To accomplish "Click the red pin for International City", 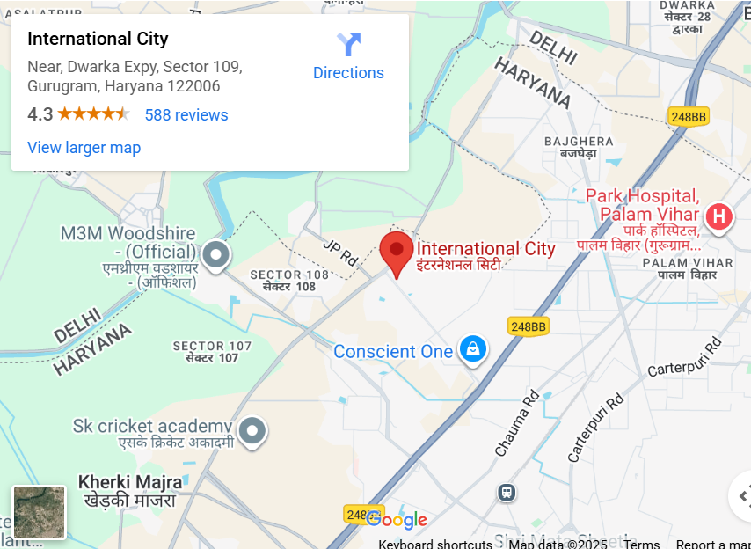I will coord(397,252).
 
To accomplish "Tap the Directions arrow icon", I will coord(348,44).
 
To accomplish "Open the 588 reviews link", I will coord(186,115).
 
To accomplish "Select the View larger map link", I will coord(84,148).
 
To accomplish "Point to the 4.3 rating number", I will coord(40,114).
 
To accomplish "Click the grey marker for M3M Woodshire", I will coord(215,255).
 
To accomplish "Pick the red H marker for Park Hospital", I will coord(719,216).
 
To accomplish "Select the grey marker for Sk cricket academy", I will coord(253,430).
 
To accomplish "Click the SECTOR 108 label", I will coord(289,274).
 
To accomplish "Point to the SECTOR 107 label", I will coord(212,347).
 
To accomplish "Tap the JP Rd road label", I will coord(339,255).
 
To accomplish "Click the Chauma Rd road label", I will coord(516,423).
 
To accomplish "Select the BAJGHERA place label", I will coord(579,141).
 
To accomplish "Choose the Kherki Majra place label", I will coord(130,482).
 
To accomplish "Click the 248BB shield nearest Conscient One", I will coord(528,326).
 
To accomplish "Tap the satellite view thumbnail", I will coord(40,512).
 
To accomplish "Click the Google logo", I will coord(397,520).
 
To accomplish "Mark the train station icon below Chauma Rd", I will coord(507,492).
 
